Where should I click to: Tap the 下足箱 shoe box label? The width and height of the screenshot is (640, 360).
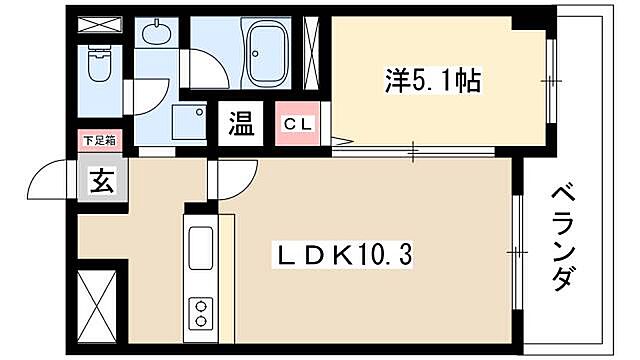(x=98, y=141)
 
